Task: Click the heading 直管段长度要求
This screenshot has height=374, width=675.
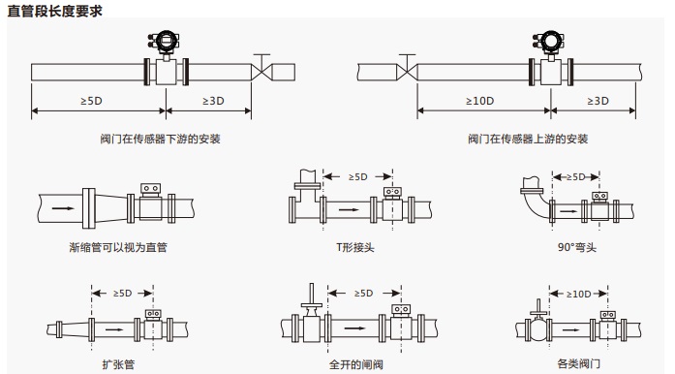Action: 54,11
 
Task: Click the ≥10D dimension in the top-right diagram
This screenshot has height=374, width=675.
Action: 479,101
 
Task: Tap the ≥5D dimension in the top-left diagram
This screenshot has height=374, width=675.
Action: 91,101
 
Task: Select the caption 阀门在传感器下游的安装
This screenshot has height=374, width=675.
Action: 160,139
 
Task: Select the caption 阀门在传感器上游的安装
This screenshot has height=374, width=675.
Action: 528,139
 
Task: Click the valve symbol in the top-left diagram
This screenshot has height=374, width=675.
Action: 261,69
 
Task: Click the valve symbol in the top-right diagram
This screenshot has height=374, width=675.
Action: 407,69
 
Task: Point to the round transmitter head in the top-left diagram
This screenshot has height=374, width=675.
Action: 166,42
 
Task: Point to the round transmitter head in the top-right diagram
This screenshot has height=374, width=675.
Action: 550,42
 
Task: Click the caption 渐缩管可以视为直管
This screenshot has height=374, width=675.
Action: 118,247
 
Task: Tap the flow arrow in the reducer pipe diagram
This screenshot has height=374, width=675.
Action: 63,208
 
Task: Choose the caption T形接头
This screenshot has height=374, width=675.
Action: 355,247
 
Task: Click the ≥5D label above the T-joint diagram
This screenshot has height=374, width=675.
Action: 357,176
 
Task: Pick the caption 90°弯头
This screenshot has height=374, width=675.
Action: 577,247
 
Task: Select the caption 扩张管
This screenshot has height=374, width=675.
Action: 118,364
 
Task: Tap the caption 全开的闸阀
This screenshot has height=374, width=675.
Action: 356,364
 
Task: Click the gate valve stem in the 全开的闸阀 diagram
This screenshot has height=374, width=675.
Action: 311,294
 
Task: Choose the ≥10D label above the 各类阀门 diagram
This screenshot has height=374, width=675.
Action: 578,294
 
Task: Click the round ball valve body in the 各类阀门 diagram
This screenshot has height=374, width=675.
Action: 538,330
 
